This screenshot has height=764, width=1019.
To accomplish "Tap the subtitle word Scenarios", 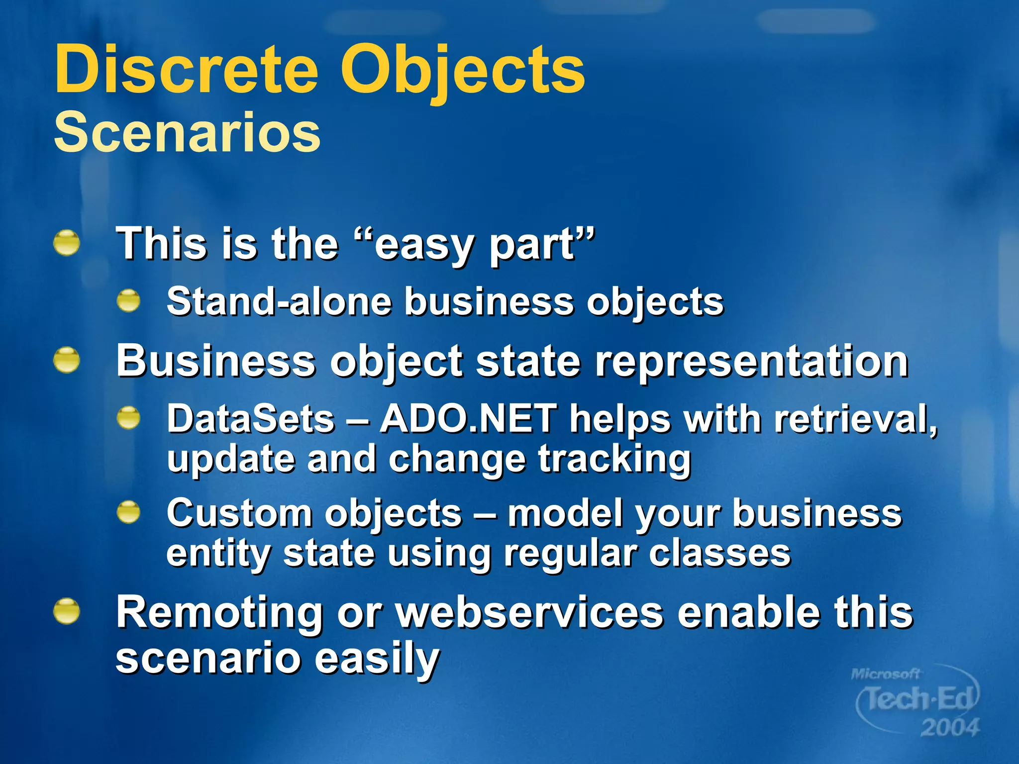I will [187, 132].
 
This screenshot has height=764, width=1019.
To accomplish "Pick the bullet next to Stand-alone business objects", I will [129, 300].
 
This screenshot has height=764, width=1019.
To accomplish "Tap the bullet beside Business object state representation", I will [67, 360].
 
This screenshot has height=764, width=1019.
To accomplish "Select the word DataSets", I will [250, 419].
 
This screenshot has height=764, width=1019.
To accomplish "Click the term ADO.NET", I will [468, 419].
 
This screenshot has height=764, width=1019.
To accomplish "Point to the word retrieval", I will [855, 419].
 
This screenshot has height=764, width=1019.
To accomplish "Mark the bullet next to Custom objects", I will [129, 512].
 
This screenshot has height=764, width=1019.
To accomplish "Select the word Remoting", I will [219, 613].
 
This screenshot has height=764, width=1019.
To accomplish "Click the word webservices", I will [530, 613].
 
